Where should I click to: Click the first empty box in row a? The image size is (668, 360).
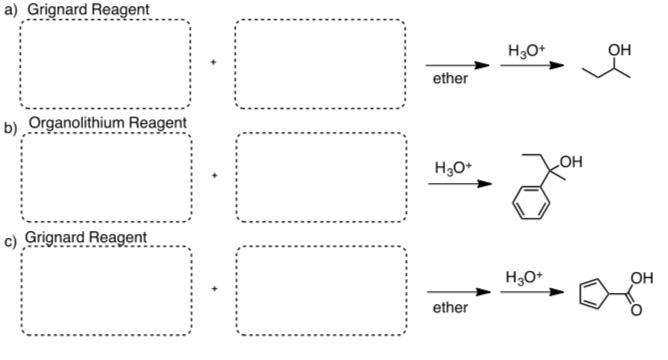point(104,64)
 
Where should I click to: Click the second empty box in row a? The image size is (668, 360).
point(320,64)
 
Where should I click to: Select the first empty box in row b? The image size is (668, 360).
point(105,177)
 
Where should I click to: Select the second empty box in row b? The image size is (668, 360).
point(321,177)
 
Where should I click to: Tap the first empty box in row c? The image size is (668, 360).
point(105,290)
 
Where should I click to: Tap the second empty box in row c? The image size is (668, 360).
point(321,290)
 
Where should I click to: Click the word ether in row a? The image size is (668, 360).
point(449,79)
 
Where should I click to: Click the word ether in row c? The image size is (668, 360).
point(449,308)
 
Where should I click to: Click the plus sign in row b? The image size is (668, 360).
point(213,176)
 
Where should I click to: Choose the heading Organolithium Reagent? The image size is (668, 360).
point(108,123)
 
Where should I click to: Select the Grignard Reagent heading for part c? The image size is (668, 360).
point(86,237)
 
